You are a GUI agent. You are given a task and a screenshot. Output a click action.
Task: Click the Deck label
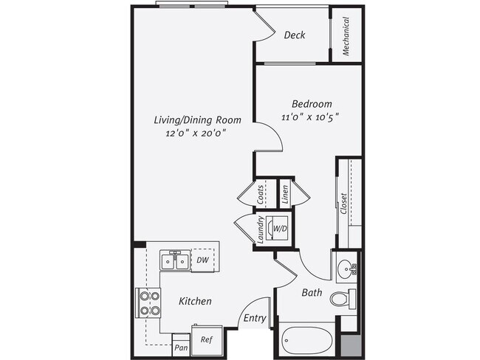pyautogui.click(x=295, y=35)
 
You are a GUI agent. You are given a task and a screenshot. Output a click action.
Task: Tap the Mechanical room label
pyautogui.click(x=346, y=36)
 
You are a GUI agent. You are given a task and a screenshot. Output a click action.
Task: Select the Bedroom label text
pyautogui.click(x=311, y=104)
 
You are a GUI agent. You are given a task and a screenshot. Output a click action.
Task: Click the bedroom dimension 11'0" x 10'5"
pyautogui.click(x=311, y=117)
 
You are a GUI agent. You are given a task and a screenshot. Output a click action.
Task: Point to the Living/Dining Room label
pyautogui.click(x=189, y=120)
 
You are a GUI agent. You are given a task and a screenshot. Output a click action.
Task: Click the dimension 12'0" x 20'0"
pyautogui.click(x=195, y=133)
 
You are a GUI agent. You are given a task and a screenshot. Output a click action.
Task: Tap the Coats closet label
pyautogui.click(x=261, y=195)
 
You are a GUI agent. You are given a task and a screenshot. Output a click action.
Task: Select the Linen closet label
pyautogui.click(x=284, y=195)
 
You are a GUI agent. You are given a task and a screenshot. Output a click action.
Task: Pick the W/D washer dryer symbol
pyautogui.click(x=281, y=229)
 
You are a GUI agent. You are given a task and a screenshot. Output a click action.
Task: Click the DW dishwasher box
pyautogui.click(x=202, y=260)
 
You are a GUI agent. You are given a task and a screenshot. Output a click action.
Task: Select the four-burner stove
pyautogui.click(x=149, y=302)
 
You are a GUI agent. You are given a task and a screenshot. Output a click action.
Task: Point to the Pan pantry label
pyautogui.click(x=180, y=346)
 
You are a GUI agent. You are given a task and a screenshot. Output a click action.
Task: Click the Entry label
pyautogui.click(x=254, y=318)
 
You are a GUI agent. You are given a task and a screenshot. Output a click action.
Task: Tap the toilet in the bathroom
pyautogui.click(x=341, y=299)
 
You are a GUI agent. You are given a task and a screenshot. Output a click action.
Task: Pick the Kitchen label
pyautogui.click(x=195, y=301)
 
